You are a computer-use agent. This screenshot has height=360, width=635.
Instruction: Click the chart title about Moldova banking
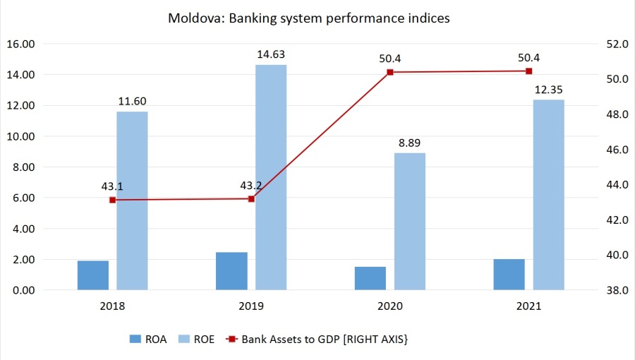(308, 18)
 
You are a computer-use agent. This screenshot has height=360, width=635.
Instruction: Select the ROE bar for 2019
(271, 176)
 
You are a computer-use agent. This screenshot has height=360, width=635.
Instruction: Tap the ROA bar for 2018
(93, 275)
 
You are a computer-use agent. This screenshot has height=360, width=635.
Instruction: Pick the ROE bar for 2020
(410, 221)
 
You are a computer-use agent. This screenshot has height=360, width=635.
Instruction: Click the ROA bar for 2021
(509, 274)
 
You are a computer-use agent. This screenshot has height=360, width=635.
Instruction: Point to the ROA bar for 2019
(231, 270)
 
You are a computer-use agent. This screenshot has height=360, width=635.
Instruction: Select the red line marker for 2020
(390, 72)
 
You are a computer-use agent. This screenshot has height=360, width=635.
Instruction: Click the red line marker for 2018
(113, 200)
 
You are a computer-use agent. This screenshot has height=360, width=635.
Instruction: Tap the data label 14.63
(272, 54)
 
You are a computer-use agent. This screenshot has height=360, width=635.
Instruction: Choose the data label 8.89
(410, 142)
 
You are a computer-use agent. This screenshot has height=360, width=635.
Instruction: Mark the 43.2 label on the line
(252, 186)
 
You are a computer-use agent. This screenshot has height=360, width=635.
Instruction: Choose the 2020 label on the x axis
(390, 306)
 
